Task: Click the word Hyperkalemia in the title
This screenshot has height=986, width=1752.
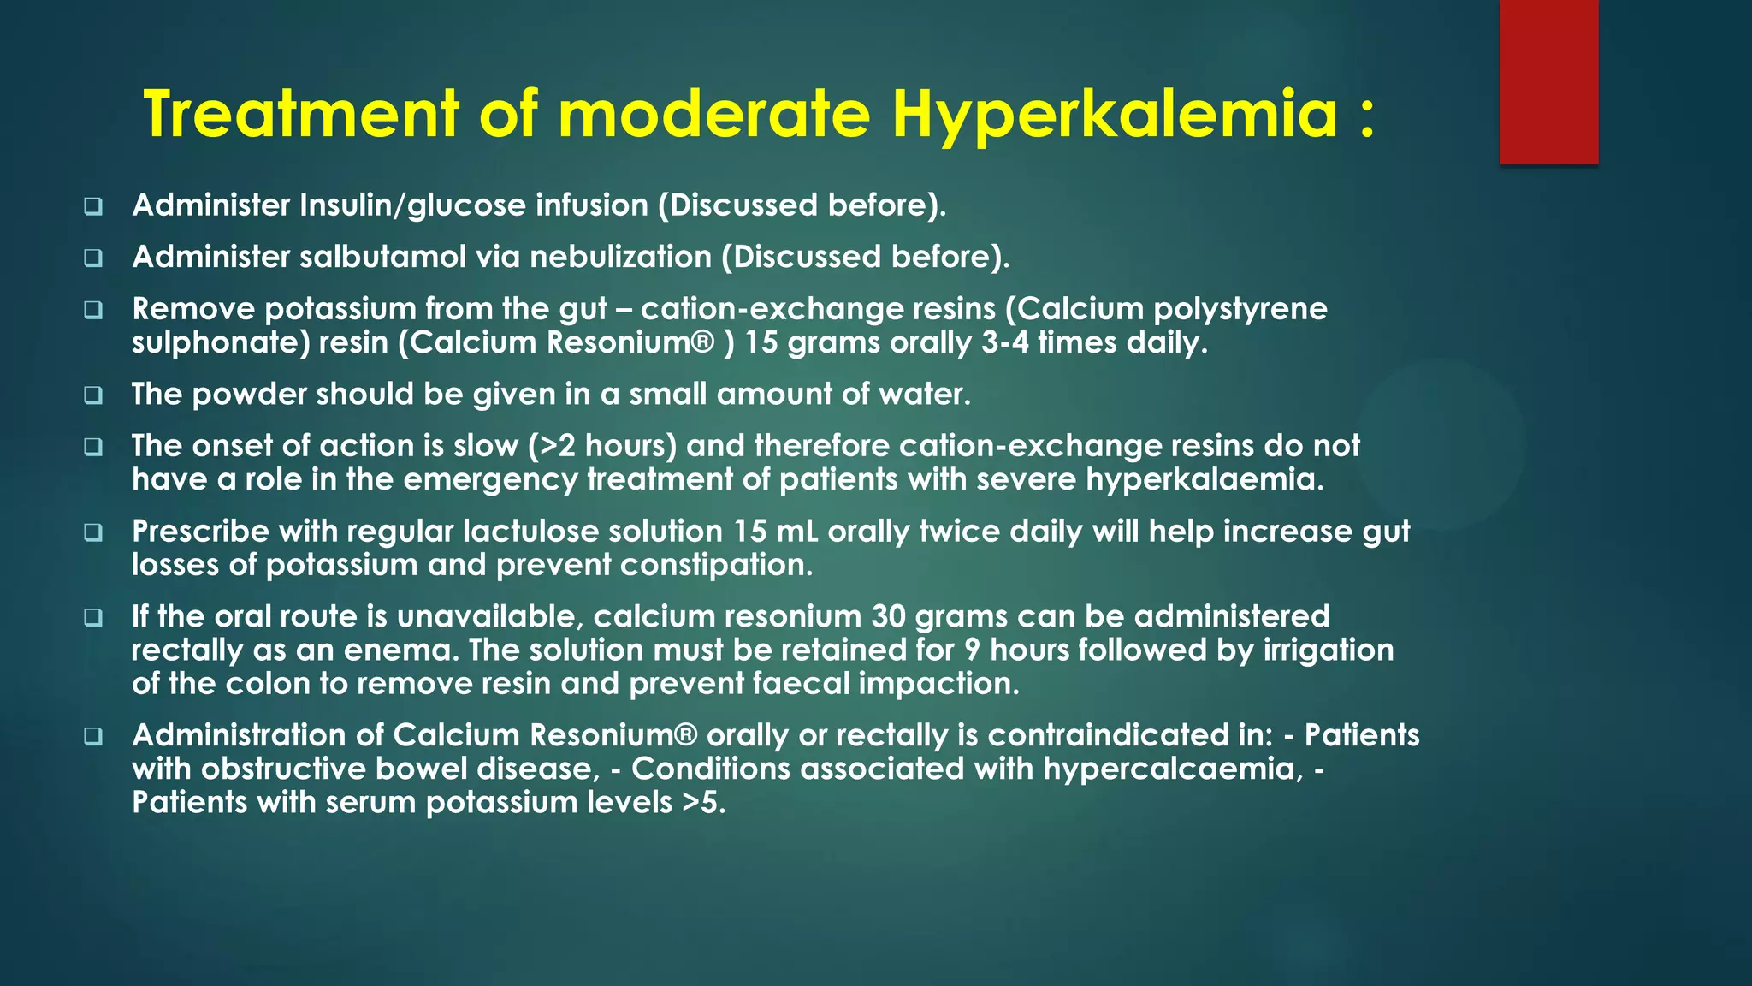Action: coord(1115,116)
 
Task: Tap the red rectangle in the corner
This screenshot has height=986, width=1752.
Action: coord(1548,81)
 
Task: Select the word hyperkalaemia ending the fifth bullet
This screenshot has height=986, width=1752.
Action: coord(1204,479)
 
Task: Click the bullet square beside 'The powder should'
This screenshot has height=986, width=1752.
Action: coord(93,395)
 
